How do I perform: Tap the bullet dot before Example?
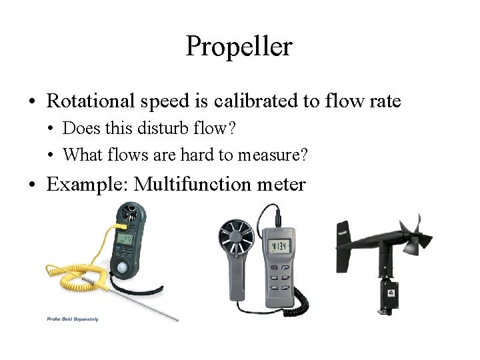[32, 185]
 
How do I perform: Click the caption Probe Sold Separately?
[73, 319]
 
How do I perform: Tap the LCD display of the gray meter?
[279, 247]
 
